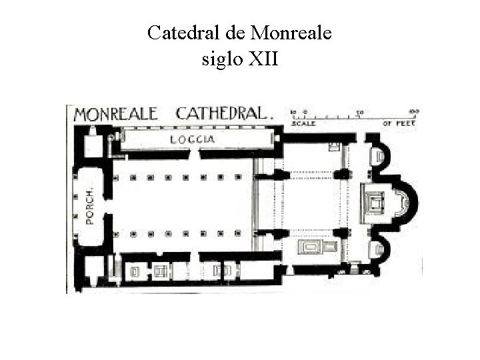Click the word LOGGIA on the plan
click(192, 139)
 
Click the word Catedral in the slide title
click(182, 33)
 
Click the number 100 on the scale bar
click(413, 111)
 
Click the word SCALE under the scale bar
click(303, 123)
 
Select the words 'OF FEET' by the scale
click(399, 123)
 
